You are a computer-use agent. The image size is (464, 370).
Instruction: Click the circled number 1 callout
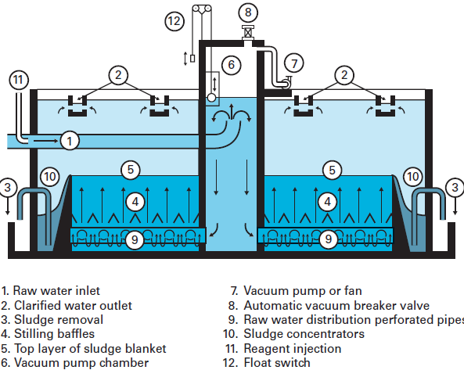coord(70,141)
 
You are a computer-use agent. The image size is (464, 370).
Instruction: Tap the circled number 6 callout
coord(231,65)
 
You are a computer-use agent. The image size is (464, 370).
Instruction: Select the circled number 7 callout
coord(294,63)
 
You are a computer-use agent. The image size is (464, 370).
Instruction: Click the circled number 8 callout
coord(248,13)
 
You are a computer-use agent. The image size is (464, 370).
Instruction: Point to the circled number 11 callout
coord(19,80)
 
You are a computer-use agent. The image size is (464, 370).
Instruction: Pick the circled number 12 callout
coord(174,21)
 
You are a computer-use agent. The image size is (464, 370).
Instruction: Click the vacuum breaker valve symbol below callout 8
coord(248,33)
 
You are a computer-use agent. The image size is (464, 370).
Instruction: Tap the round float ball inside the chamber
coord(211,97)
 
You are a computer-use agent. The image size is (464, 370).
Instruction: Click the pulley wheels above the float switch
coord(202,9)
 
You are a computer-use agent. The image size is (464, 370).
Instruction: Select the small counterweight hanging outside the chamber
coord(192,58)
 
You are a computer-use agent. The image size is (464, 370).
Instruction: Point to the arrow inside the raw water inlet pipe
coord(46,141)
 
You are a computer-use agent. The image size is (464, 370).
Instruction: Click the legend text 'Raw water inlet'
coord(56,291)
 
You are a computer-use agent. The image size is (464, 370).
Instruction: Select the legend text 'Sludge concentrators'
coord(304,334)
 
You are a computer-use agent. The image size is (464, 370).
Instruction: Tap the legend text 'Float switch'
coord(277,363)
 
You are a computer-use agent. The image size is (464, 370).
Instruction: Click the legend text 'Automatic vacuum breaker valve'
coord(336,306)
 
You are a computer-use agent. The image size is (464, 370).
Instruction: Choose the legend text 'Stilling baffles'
coord(55,334)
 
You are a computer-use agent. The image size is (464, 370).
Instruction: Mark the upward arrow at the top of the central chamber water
coord(232,112)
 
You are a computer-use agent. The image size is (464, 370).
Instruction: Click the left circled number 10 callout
coord(50,177)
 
